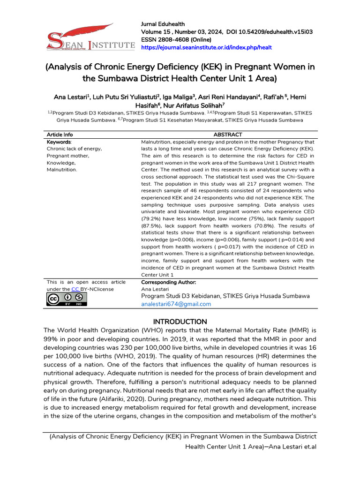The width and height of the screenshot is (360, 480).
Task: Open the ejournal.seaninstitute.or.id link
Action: point(206,47)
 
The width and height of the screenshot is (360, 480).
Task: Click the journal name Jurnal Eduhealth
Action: point(163,24)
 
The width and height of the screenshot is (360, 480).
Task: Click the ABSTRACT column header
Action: point(227,135)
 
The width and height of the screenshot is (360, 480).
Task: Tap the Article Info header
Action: point(60,135)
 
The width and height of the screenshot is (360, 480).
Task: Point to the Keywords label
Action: point(59,142)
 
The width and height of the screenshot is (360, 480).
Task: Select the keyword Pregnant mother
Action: point(68,156)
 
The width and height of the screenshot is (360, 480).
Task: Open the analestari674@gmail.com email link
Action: point(176,304)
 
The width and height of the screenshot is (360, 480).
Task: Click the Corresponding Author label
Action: point(168,282)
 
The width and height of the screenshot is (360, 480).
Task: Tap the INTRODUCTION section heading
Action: point(180,322)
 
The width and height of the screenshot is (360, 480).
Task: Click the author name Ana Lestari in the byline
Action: point(71,97)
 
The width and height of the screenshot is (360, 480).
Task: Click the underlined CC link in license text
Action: point(75,289)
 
